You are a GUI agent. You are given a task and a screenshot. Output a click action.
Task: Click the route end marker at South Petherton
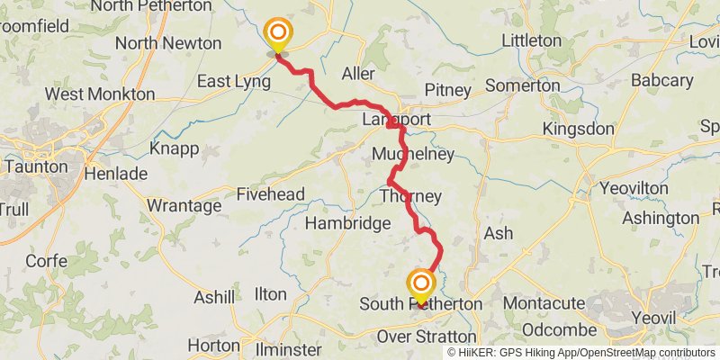(420, 286)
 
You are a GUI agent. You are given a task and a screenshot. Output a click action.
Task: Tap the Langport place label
(396, 120)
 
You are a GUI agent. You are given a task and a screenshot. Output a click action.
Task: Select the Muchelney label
(405, 156)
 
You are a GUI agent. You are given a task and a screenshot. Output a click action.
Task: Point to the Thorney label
(411, 195)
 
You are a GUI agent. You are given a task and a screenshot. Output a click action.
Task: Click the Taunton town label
(35, 166)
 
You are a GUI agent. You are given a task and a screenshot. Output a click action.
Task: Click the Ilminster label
(289, 349)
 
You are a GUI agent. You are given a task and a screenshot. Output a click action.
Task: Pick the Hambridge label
(347, 223)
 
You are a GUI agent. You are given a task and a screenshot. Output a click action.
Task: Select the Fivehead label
(271, 193)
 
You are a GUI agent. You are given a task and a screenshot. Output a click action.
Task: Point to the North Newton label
(167, 43)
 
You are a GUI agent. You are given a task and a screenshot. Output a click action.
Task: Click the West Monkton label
(99, 94)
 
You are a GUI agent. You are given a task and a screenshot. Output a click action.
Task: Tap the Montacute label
(544, 304)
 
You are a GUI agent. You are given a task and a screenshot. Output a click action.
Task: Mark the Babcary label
(661, 81)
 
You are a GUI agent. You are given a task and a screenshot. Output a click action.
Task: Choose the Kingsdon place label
(579, 130)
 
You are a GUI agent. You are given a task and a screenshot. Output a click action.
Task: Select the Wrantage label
(184, 206)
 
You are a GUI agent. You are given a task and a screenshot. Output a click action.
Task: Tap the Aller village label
(358, 73)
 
